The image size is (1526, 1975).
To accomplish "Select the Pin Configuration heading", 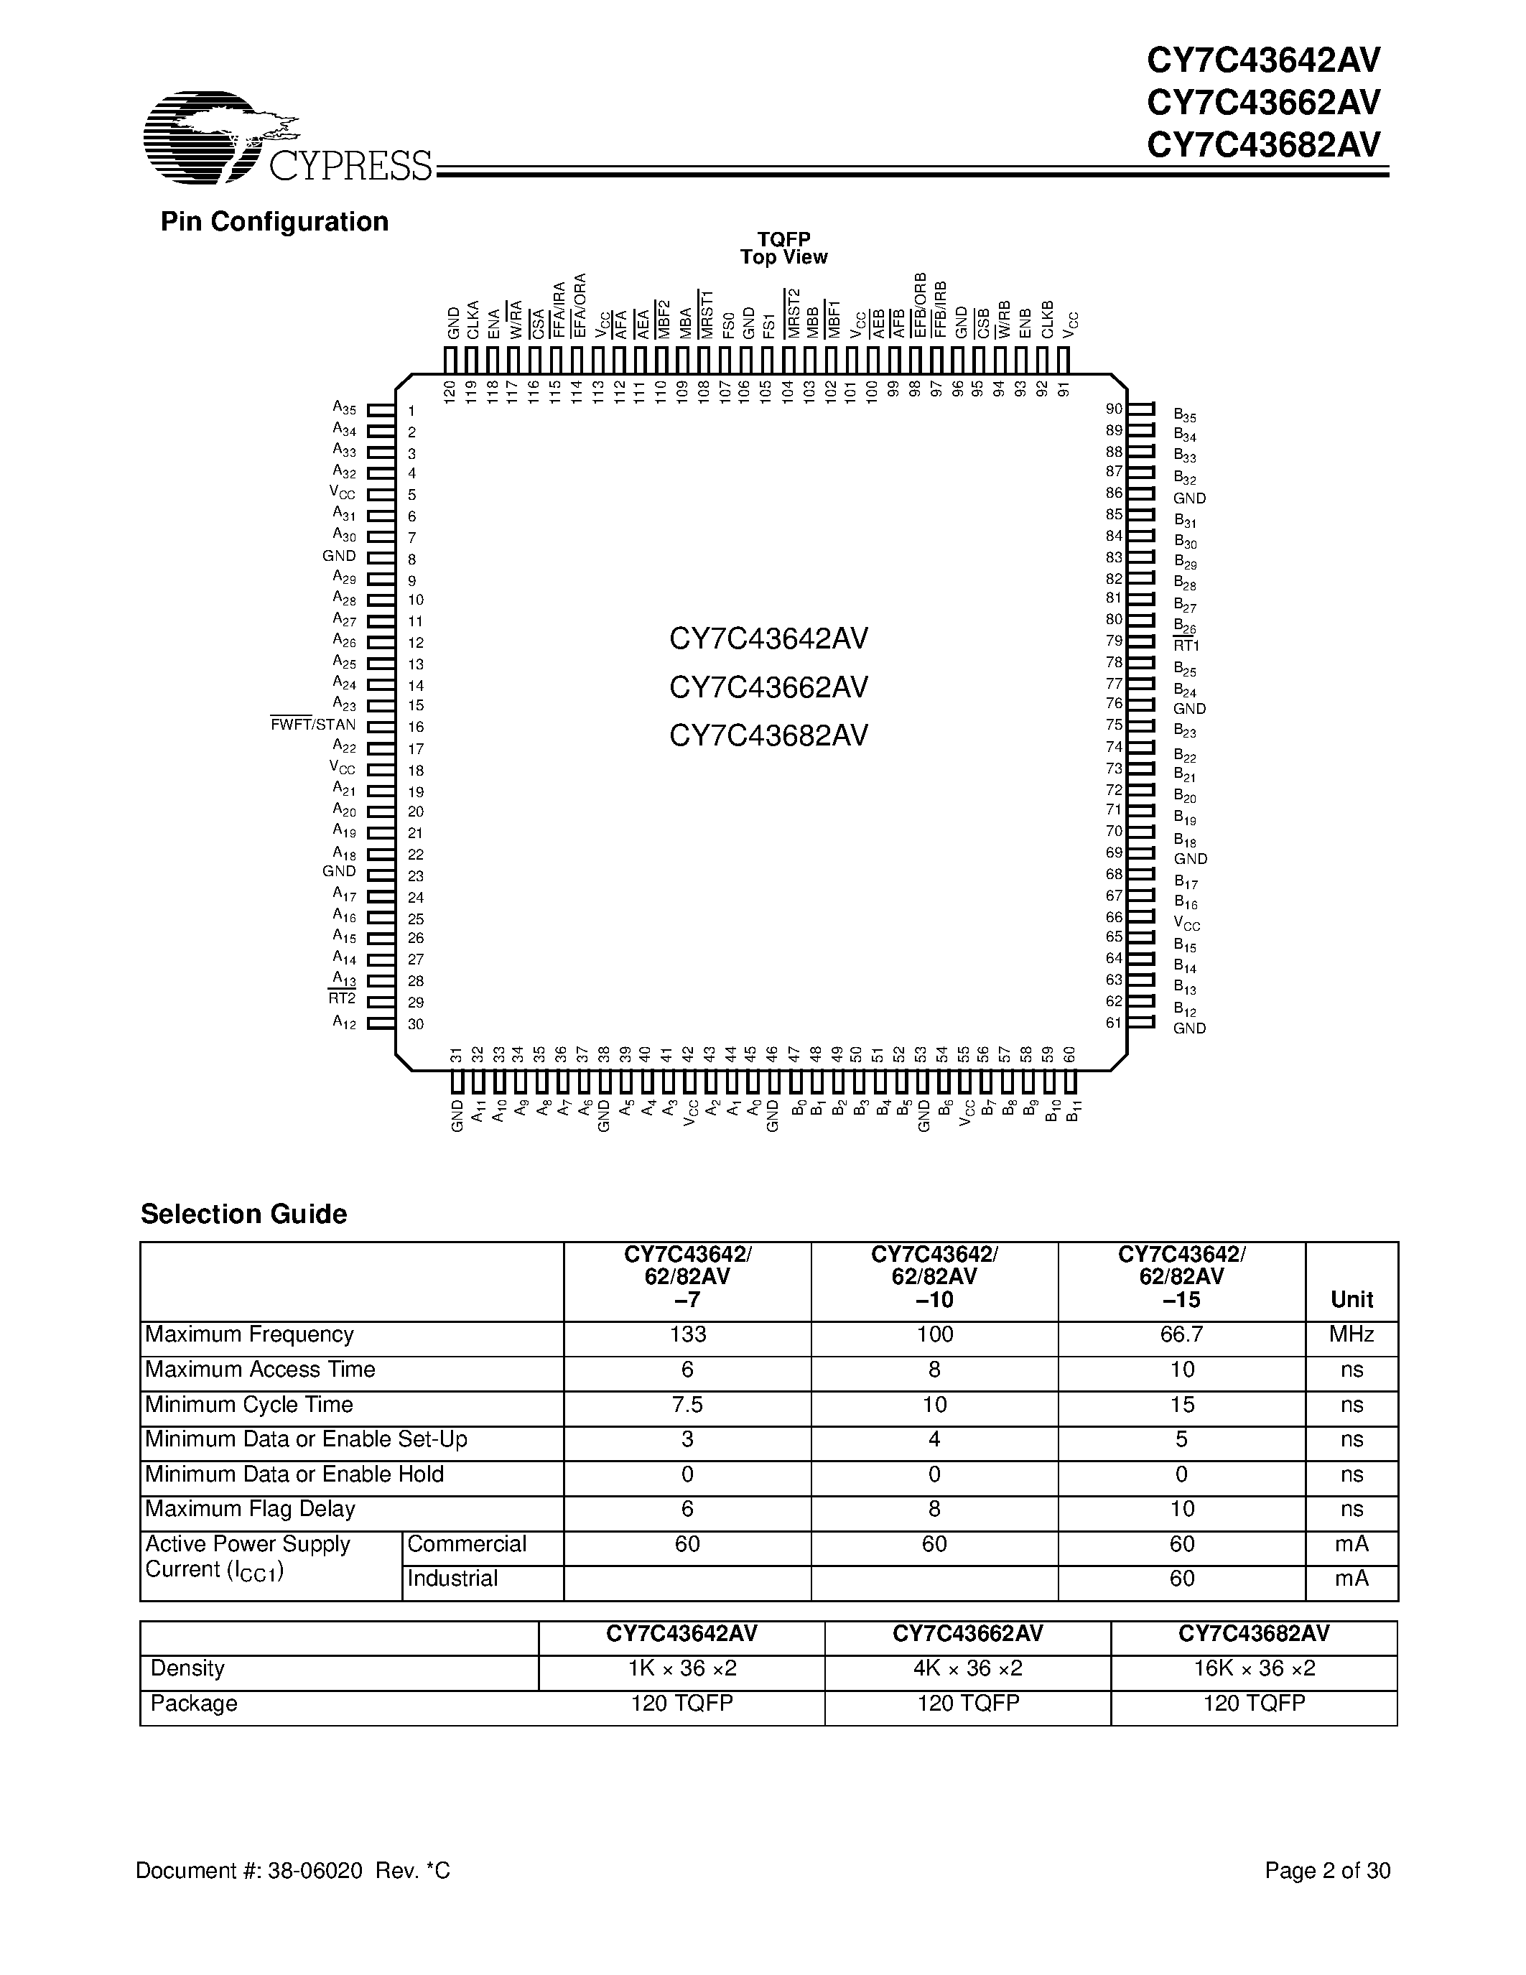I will pos(274,221).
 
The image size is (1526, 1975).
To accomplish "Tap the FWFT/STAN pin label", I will pos(313,725).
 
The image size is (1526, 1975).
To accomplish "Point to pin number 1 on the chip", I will pos(411,411).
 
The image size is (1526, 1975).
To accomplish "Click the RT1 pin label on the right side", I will pos(1186,646).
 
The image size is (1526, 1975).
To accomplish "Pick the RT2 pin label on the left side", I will pos(342,998).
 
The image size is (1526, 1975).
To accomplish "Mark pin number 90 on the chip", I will pos(1114,409).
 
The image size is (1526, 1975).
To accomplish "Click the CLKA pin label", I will pos(473,320).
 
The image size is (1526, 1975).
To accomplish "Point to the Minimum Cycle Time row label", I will pos(248,1404).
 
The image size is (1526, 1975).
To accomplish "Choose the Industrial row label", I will pos(452,1578).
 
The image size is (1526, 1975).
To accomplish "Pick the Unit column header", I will pos(1351,1299).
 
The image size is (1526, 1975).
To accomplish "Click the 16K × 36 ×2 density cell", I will pos(1254,1668).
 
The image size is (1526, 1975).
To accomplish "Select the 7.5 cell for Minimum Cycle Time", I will pos(688,1404).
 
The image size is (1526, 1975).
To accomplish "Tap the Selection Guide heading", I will pos(243,1214).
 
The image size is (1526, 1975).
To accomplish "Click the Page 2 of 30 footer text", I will pos(1326,1870).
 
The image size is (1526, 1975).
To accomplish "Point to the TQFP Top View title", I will pos(783,248).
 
